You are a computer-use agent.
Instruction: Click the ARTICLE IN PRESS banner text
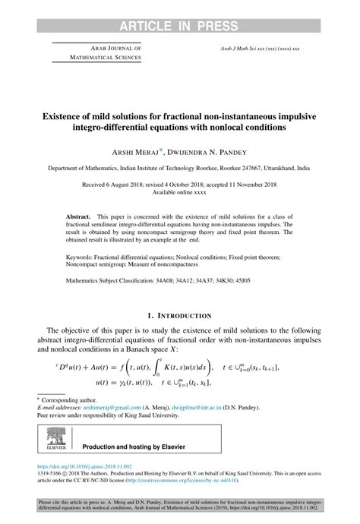(180, 9)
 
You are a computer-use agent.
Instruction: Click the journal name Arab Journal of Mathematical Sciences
(88, 52)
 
